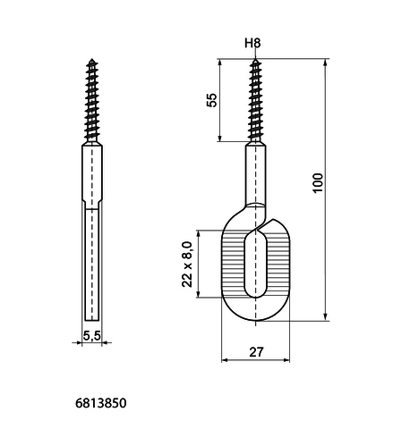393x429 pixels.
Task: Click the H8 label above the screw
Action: pyautogui.click(x=252, y=44)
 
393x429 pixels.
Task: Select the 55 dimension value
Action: pyautogui.click(x=212, y=100)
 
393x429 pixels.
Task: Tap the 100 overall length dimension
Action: pyautogui.click(x=318, y=183)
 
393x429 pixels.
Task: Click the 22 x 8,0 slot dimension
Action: pyautogui.click(x=187, y=265)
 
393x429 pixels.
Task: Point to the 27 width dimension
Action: pyautogui.click(x=256, y=352)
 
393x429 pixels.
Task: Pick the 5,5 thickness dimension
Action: pyautogui.click(x=92, y=336)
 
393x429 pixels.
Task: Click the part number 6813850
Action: pyautogui.click(x=101, y=403)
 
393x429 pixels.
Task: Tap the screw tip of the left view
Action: pyautogui.click(x=92, y=59)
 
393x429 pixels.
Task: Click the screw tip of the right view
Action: pyautogui.click(x=255, y=59)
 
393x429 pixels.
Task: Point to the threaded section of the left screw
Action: pyautogui.click(x=92, y=101)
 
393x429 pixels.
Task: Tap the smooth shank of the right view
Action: pyautogui.click(x=256, y=174)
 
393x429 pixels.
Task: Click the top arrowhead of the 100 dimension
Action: pyautogui.click(x=326, y=63)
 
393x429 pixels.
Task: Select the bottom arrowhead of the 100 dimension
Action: pyautogui.click(x=326, y=317)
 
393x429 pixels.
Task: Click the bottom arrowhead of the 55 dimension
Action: pyautogui.click(x=219, y=138)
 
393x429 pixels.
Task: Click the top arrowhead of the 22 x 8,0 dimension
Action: pyautogui.click(x=198, y=234)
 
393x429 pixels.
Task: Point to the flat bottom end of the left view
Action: pyautogui.click(x=92, y=320)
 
